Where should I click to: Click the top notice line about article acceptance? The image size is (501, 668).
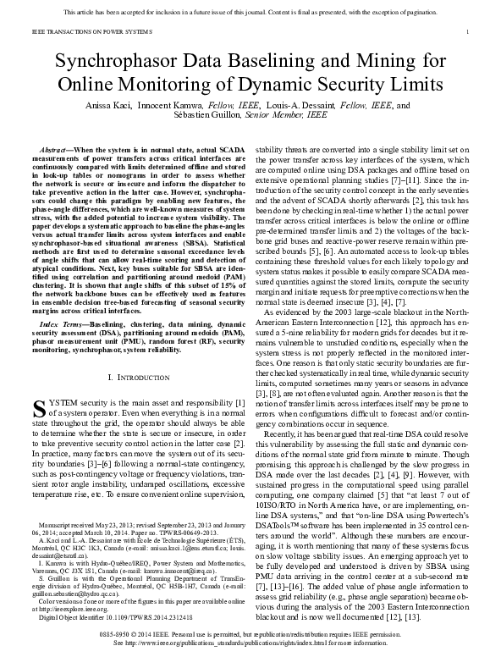click(250, 13)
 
